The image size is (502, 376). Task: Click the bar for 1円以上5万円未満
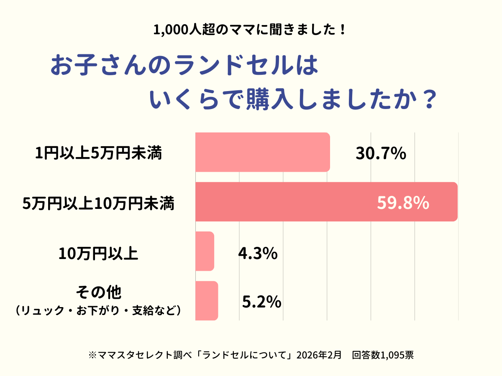262,152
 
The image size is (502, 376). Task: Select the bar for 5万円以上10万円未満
326,202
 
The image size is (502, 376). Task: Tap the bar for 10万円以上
205,251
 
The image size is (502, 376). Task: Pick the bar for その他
207,301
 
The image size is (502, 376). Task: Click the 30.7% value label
381,154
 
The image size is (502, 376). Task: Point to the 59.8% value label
403,203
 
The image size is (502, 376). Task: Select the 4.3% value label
258,253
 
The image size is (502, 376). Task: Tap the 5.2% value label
261,302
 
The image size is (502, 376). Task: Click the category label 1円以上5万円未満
98,154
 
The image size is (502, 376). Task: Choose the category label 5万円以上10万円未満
98,204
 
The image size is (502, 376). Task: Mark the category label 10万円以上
98,254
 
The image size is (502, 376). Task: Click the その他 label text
98,292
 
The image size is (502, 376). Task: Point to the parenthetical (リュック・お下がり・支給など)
98,310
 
